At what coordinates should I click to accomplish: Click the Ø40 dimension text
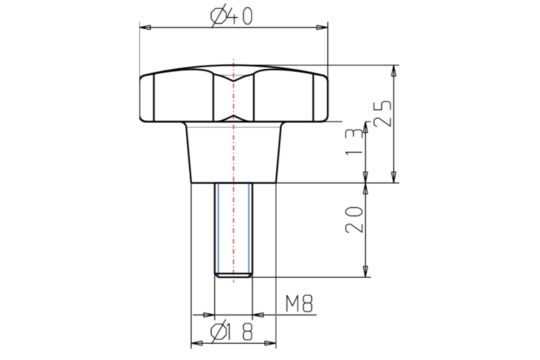[x=231, y=16]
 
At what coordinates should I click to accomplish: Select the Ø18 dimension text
[x=231, y=332]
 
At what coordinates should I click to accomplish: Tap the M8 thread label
[x=299, y=304]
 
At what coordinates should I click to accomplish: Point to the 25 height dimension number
[x=382, y=113]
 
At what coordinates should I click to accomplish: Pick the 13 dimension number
[x=354, y=142]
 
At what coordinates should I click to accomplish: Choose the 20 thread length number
[x=354, y=220]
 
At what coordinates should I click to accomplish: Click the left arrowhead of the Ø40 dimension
[x=145, y=27]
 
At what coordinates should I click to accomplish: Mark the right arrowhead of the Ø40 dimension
[x=322, y=27]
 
